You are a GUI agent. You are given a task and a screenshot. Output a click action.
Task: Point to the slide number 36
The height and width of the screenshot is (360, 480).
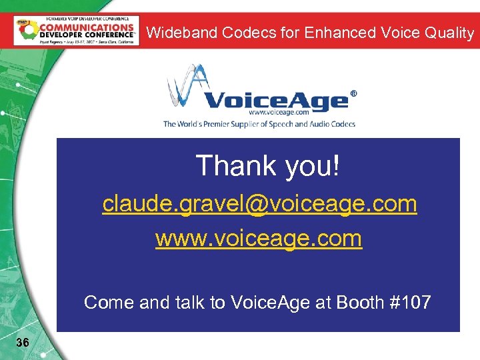click(x=22, y=343)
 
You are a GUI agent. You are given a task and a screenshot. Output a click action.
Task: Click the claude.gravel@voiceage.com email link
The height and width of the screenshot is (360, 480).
click(x=259, y=204)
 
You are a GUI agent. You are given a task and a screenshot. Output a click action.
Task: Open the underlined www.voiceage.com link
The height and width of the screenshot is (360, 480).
click(x=259, y=238)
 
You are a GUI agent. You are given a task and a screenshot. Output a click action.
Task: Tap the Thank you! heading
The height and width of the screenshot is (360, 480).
click(x=267, y=166)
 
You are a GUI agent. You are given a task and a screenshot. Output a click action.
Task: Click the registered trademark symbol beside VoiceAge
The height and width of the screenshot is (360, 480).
click(x=353, y=95)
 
